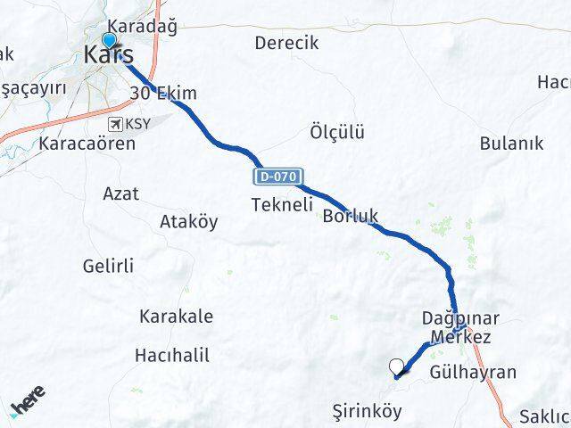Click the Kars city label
coord(109,54)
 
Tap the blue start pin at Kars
coord(109,41)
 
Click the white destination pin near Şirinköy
coord(397,366)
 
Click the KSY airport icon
coord(115,123)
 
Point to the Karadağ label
coord(141,26)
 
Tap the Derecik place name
coord(286,43)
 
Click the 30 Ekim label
coord(163,94)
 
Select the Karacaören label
coord(87,143)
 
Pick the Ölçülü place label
coord(336,132)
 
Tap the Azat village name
coord(120,193)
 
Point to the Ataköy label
coord(188,222)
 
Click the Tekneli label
coord(282,205)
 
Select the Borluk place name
coord(351,216)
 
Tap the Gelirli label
coord(108,266)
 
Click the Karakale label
coord(176,316)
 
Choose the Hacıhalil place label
coord(172,355)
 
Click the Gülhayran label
coord(473,372)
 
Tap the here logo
coord(29,404)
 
